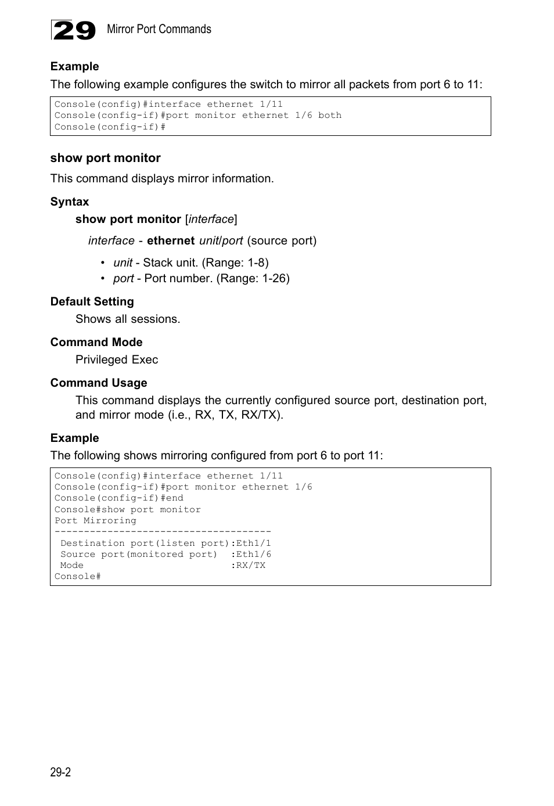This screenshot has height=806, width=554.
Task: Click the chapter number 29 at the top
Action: pyautogui.click(x=73, y=30)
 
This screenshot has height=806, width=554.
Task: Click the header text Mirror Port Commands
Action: pyautogui.click(x=159, y=29)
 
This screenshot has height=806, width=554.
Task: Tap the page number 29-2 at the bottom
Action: pyautogui.click(x=60, y=772)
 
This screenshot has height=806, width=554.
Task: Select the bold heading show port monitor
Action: pyautogui.click(x=105, y=158)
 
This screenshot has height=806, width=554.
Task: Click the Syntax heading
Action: pyautogui.click(x=70, y=201)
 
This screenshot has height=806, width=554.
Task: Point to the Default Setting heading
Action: pyautogui.click(x=92, y=301)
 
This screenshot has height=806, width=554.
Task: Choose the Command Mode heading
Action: pyautogui.click(x=96, y=342)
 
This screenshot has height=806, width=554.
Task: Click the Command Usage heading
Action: pyautogui.click(x=99, y=383)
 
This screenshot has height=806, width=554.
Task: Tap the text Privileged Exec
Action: pyautogui.click(x=117, y=359)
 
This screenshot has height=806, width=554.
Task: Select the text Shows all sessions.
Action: pyautogui.click(x=128, y=319)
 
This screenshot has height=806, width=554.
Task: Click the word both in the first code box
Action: pyautogui.click(x=330, y=116)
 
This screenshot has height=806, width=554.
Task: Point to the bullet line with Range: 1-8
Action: pyautogui.click(x=190, y=262)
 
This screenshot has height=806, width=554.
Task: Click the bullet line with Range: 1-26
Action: pyautogui.click(x=201, y=278)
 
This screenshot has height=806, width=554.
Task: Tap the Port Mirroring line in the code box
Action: pyautogui.click(x=95, y=521)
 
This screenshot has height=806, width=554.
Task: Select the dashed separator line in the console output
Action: pyautogui.click(x=163, y=532)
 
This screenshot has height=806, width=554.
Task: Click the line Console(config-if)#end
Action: pyautogui.click(x=118, y=498)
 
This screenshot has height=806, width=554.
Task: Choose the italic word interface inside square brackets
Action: pyautogui.click(x=211, y=220)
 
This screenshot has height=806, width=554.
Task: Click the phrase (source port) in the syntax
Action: pyautogui.click(x=282, y=240)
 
